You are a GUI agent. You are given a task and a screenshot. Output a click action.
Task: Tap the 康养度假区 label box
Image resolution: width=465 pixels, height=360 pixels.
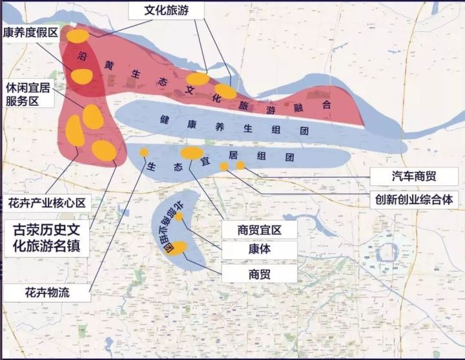coord(31,32)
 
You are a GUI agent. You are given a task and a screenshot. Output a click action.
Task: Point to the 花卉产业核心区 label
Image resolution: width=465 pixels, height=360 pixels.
coord(46,202)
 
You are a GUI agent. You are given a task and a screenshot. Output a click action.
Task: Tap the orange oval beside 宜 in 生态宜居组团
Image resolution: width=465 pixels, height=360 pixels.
coord(192,153)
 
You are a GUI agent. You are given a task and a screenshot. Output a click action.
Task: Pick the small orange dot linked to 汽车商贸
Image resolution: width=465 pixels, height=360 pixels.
coord(240,165)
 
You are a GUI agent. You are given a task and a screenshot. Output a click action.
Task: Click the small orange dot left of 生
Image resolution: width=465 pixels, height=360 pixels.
coord(144,153)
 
